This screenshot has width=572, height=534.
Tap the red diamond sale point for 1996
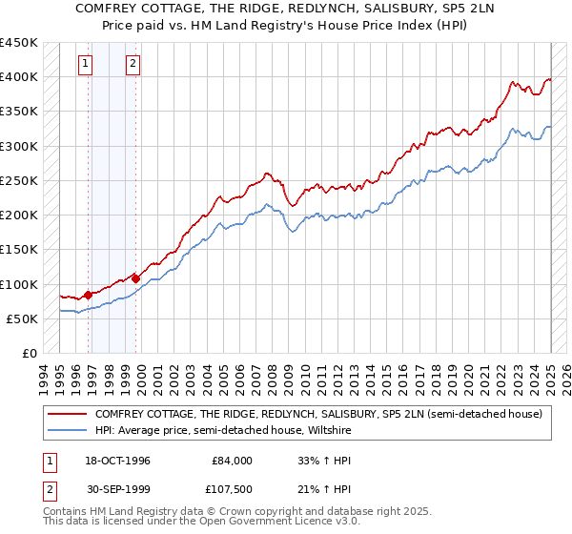pos(88,295)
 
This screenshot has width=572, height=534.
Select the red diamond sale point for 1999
pos(135,278)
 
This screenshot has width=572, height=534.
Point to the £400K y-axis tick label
pos(19,77)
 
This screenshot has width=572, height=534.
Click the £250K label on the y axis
pos(19,180)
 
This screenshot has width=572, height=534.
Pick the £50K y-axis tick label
pos(23,318)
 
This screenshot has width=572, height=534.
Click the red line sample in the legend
pos(67,414)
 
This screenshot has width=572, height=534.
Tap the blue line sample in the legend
pos(67,430)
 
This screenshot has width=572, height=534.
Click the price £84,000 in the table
pos(233,460)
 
